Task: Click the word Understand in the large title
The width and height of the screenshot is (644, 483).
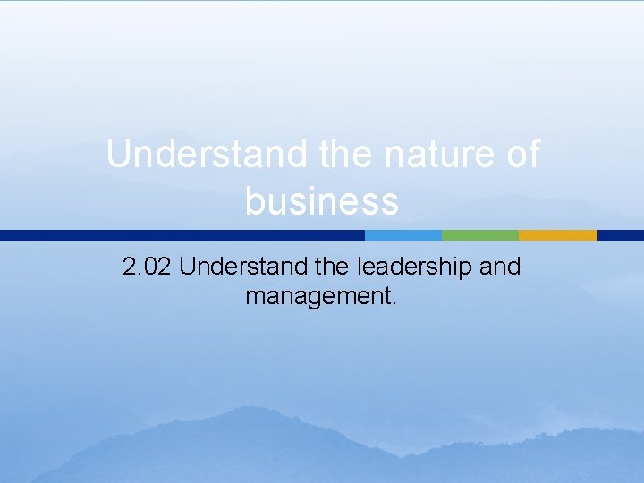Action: point(207,155)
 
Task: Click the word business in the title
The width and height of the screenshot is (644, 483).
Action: point(321,201)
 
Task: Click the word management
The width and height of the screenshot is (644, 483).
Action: point(317,295)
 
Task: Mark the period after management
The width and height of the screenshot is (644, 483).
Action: point(393,302)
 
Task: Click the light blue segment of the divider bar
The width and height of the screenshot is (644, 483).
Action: point(402,235)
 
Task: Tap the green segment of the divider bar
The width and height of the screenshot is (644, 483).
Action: point(479,235)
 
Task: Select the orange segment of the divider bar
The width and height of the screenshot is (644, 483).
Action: point(557,235)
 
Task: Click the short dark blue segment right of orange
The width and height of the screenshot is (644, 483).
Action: point(620,235)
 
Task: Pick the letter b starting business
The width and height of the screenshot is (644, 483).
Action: point(254,200)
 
